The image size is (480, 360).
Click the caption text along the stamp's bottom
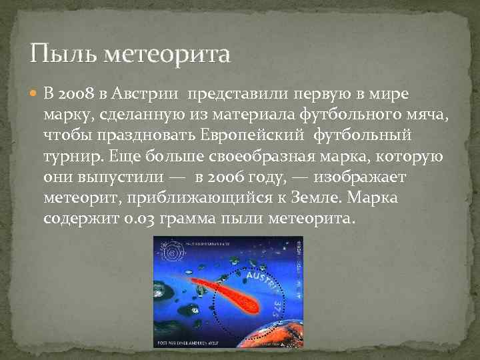coord(193,343)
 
